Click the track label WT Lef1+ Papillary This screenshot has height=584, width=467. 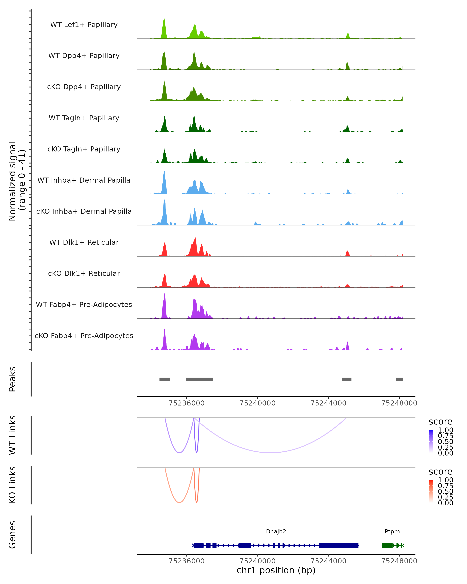(x=84, y=25)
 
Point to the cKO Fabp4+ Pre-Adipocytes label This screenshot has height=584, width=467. (x=84, y=336)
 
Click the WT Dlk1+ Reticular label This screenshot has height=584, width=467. (x=84, y=242)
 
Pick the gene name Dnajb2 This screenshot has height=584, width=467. (x=276, y=531)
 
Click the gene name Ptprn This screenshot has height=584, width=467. (x=392, y=531)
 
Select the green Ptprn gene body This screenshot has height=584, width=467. (x=387, y=545)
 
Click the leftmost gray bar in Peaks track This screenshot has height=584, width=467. (x=165, y=379)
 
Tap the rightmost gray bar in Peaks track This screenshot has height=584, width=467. (x=399, y=379)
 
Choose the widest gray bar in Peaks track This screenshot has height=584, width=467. (x=199, y=379)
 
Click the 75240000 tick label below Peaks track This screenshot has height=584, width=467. (x=257, y=403)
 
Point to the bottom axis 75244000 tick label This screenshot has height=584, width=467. (x=328, y=561)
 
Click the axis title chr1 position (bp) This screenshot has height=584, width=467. (x=276, y=570)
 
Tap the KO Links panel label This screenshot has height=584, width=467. (x=12, y=485)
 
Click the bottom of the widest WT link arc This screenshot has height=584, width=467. (x=270, y=453)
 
